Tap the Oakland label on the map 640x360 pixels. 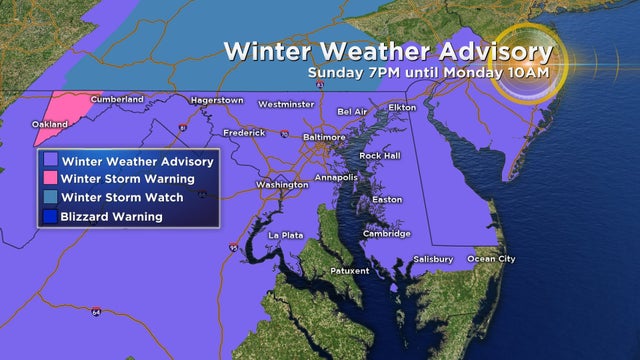click(50, 124)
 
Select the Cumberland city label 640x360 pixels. click(117, 99)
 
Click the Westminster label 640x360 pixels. click(286, 104)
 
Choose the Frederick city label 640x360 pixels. click(244, 132)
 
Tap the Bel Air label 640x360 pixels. click(352, 111)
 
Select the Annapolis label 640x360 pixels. click(336, 177)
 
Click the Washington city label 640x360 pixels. click(281, 185)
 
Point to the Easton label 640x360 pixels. click(386, 199)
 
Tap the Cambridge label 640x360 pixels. click(387, 234)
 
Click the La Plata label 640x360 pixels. click(284, 235)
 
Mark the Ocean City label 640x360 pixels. click(492, 259)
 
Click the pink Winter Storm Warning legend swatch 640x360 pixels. click(49, 179)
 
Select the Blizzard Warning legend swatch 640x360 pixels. click(49, 216)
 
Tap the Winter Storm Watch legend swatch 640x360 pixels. click(49, 197)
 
